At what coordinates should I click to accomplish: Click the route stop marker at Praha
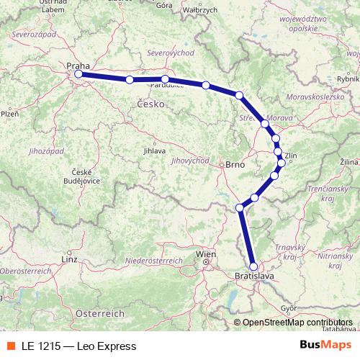coord(78,73)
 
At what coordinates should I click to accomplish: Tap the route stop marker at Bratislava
coord(253,266)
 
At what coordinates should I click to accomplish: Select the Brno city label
coord(235,164)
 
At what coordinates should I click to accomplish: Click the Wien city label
coord(206,254)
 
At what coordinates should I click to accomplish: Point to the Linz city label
coord(70,258)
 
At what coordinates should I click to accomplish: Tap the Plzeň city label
coord(9,113)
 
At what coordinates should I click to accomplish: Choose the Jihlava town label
coord(155,150)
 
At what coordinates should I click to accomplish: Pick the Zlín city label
coord(291,155)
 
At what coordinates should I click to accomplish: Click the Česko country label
coord(150,104)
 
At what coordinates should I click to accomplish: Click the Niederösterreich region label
coord(154,259)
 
